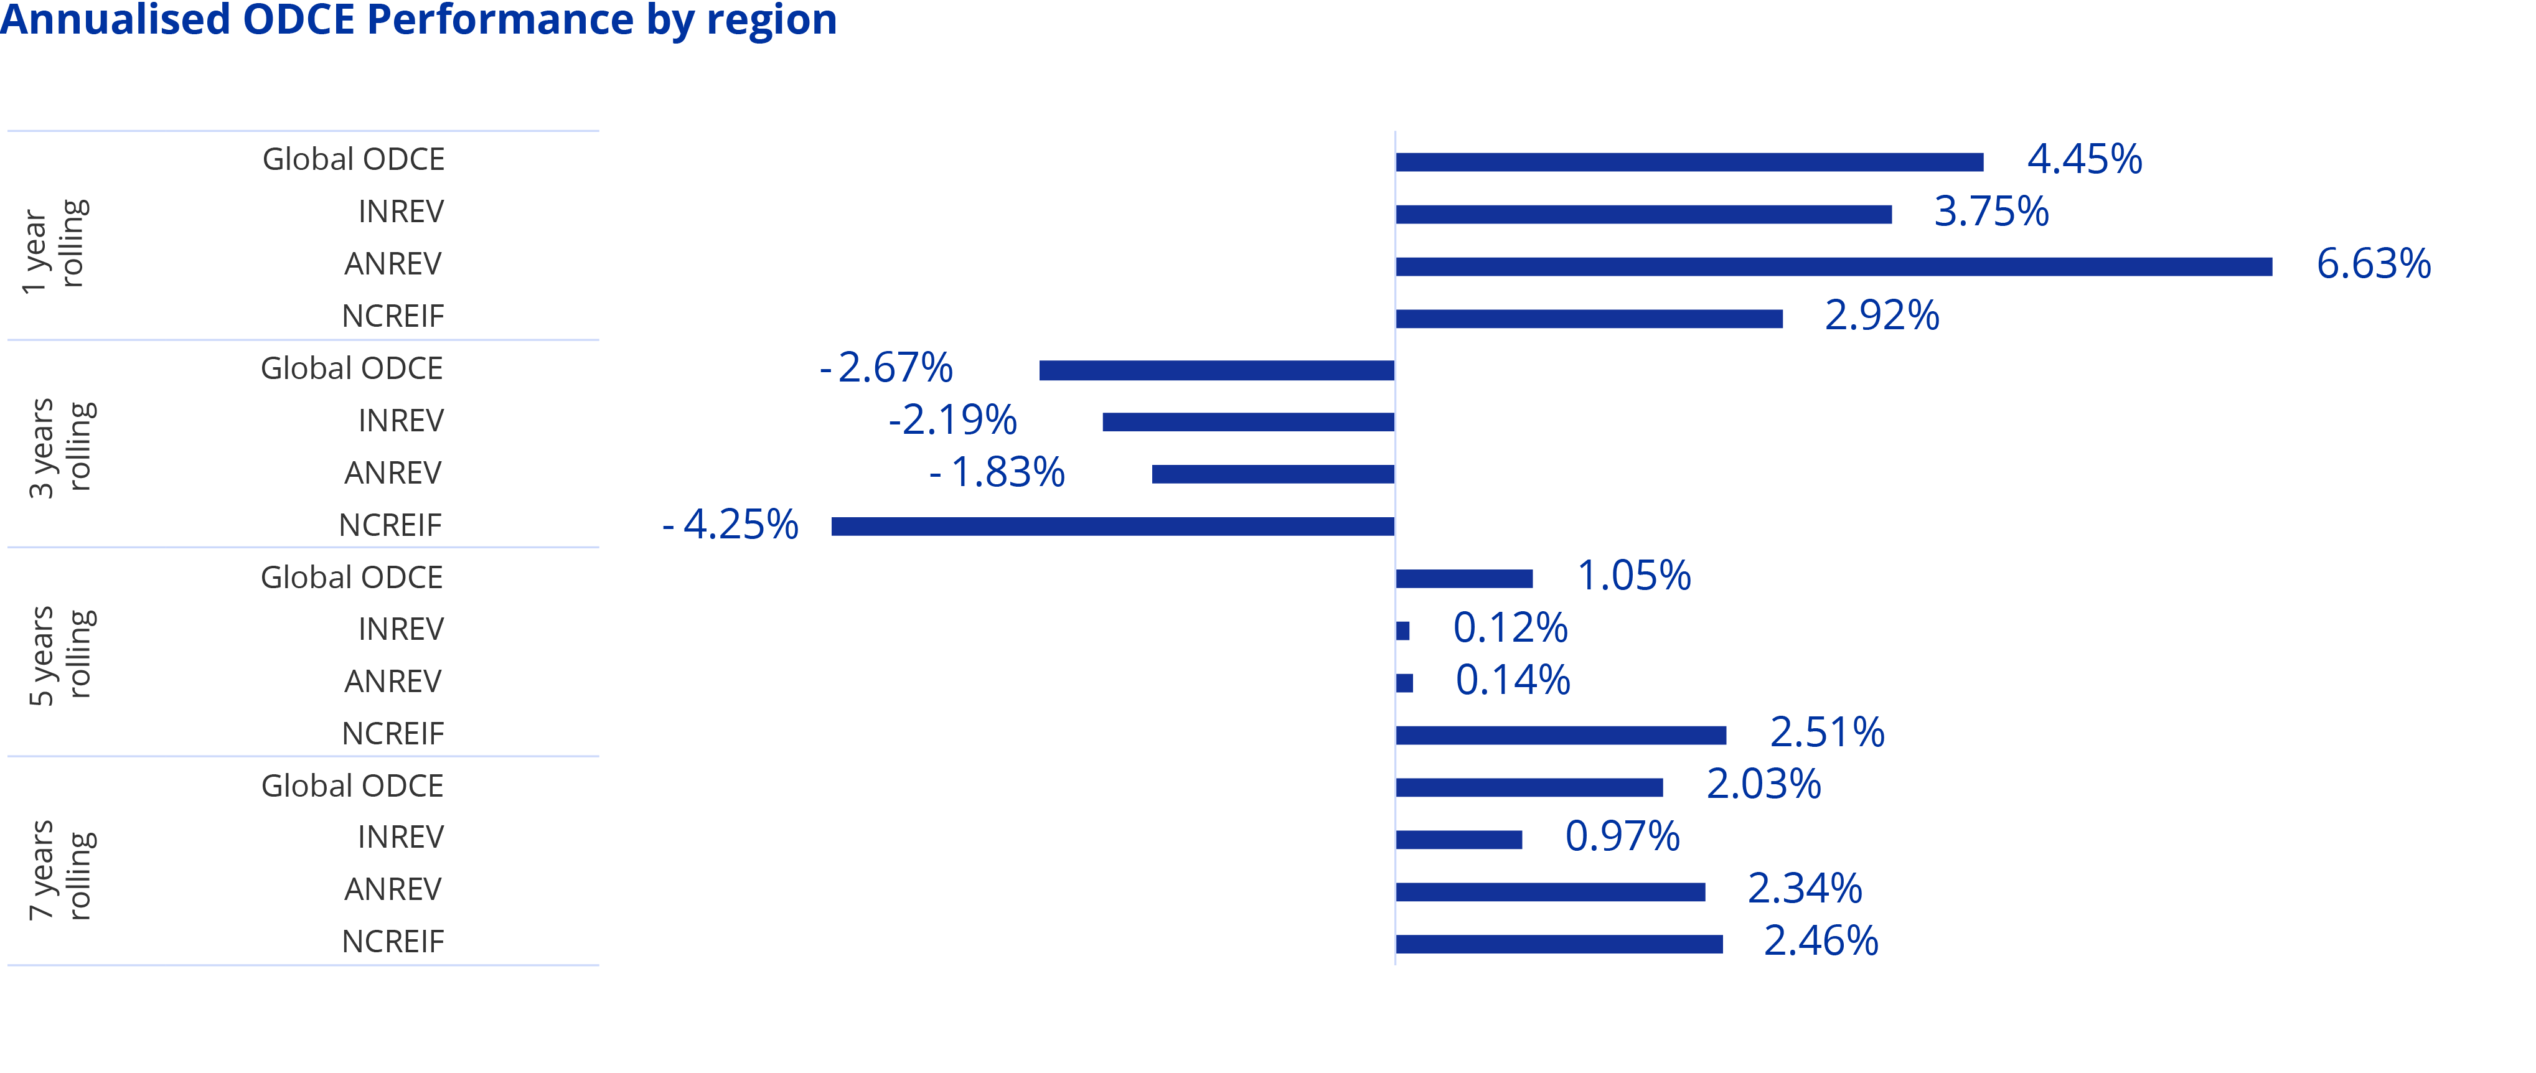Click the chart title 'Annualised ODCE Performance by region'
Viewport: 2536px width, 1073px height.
(x=418, y=20)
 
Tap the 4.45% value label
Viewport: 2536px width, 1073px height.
(x=2084, y=159)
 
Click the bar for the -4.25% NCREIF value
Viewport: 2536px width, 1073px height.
(x=1112, y=527)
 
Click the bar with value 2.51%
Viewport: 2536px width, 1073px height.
(x=1561, y=735)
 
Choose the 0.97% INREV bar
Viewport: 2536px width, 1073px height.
(x=1459, y=840)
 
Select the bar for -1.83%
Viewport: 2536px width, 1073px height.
(x=1273, y=474)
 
